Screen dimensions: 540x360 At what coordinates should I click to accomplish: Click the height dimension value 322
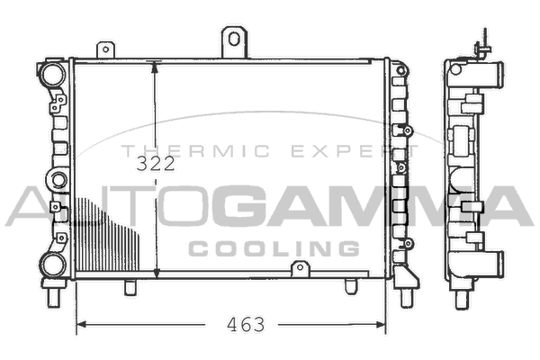click(156, 164)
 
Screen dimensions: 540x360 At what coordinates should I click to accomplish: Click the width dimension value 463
click(246, 324)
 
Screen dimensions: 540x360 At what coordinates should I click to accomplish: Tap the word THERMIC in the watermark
click(196, 151)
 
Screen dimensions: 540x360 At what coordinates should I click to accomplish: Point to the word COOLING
click(274, 248)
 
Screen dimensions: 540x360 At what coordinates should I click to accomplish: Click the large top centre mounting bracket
click(234, 42)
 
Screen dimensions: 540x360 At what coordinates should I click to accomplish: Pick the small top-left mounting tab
click(105, 50)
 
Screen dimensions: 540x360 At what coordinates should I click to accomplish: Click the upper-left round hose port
click(53, 74)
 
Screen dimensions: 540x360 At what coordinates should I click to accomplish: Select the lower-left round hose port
click(53, 265)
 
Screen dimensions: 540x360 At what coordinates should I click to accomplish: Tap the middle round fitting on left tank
click(58, 180)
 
